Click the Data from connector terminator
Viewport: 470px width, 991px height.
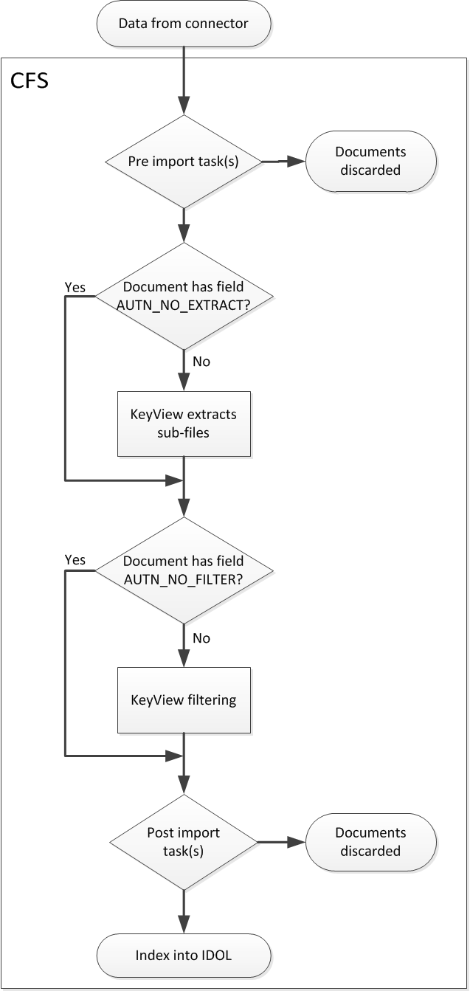click(x=184, y=24)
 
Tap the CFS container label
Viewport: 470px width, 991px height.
click(x=30, y=80)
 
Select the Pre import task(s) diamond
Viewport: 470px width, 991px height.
click(x=184, y=162)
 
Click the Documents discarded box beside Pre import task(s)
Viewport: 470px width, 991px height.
click(x=370, y=161)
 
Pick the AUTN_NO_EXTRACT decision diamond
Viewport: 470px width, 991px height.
click(x=184, y=296)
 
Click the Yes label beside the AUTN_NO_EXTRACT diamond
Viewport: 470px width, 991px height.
click(x=75, y=286)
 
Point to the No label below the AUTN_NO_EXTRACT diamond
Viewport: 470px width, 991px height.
click(x=201, y=362)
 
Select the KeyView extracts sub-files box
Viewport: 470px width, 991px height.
click(x=184, y=424)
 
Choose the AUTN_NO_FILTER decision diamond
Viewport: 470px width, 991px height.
click(x=184, y=570)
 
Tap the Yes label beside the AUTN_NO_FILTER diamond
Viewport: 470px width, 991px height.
click(x=75, y=560)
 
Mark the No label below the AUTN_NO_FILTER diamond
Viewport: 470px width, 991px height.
click(x=201, y=637)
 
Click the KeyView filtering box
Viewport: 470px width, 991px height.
click(x=184, y=699)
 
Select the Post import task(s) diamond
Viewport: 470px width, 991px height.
click(x=184, y=841)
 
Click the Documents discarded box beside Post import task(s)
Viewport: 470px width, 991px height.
click(x=370, y=841)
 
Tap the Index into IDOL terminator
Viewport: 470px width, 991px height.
click(x=184, y=956)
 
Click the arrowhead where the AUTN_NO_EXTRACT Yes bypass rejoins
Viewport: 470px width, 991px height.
click(x=176, y=480)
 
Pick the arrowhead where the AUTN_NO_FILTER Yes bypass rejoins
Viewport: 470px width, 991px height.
click(x=176, y=756)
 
